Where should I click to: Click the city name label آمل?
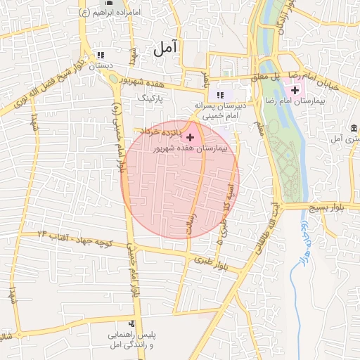[167, 49]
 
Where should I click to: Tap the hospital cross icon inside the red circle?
[190, 136]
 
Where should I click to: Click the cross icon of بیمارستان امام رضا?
[295, 89]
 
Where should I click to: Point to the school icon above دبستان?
[101, 54]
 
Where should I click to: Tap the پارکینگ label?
[151, 98]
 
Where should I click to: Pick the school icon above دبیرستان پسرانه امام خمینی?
[220, 95]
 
